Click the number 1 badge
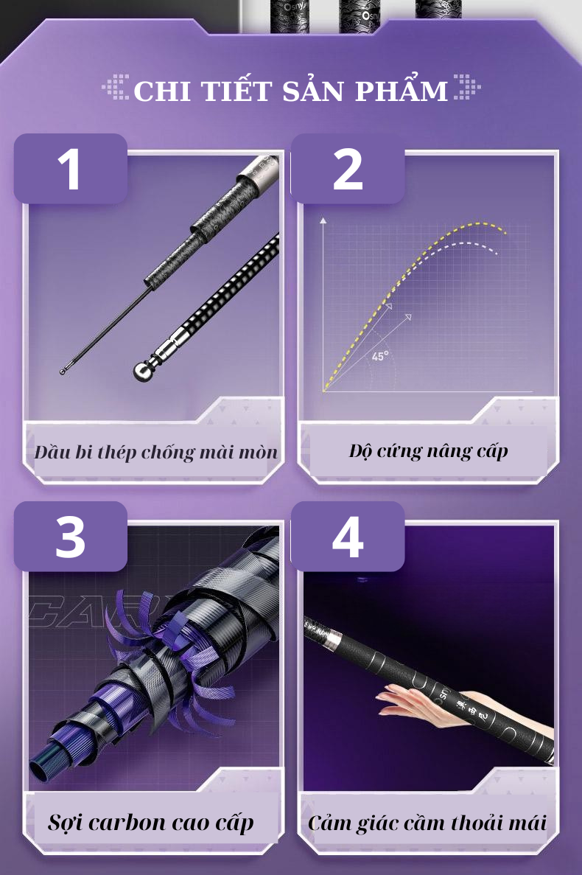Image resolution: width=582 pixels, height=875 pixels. pos(70,169)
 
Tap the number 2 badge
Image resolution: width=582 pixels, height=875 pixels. pos(348,169)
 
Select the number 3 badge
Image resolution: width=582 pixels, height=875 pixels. pos(70,537)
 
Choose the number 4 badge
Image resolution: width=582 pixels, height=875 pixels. pos(348,537)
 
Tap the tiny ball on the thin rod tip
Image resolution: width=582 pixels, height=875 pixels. pos(63,372)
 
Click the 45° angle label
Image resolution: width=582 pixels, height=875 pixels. pos(380,357)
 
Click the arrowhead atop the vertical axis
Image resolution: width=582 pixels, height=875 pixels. pos(323,220)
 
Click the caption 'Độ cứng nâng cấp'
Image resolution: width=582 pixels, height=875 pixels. pos(428,450)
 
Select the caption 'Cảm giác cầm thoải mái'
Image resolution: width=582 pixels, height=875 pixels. pos(428,823)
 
